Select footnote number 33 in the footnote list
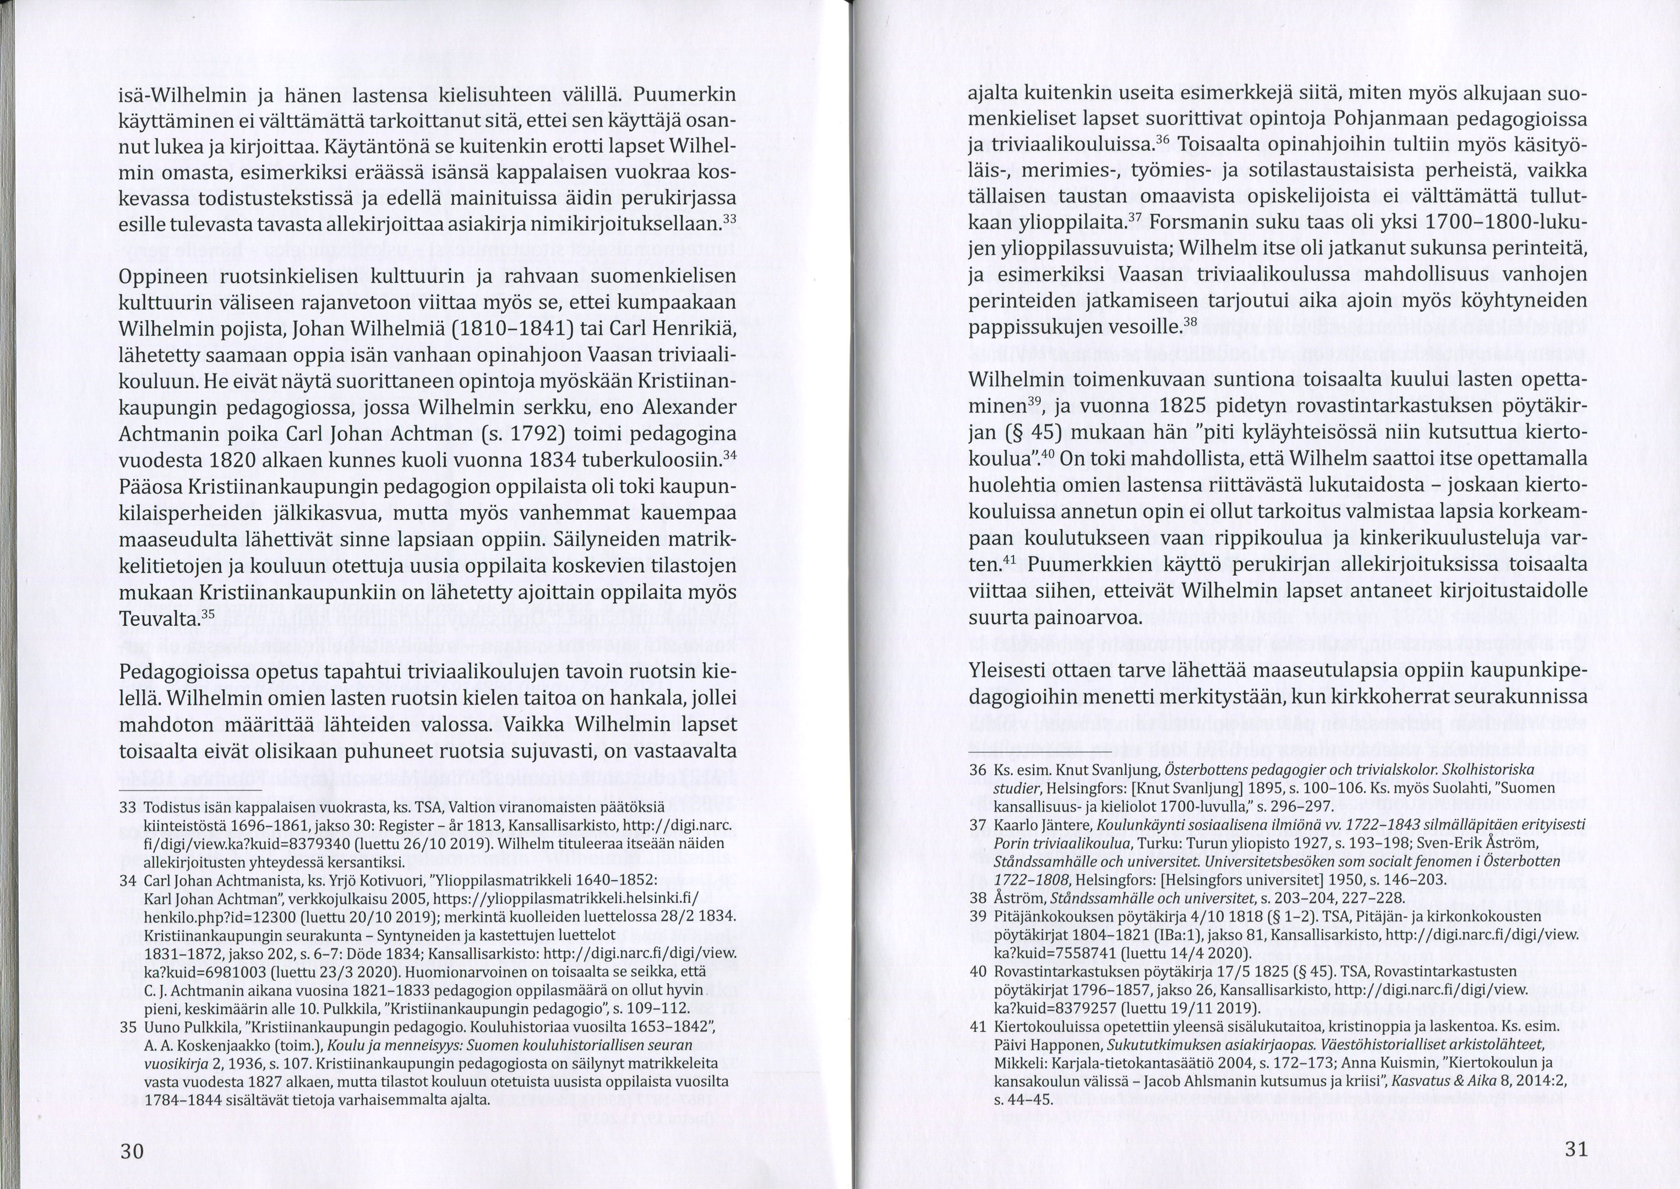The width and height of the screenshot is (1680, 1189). click(x=128, y=808)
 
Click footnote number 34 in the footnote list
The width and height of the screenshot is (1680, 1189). click(x=128, y=881)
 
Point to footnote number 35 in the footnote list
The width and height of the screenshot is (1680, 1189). click(x=128, y=1027)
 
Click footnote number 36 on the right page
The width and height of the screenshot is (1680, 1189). click(x=978, y=770)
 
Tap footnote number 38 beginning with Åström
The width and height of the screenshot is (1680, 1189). click(x=978, y=898)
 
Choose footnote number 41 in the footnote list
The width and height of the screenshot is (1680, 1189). click(x=978, y=1026)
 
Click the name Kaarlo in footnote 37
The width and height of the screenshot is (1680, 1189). click(x=1016, y=825)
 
